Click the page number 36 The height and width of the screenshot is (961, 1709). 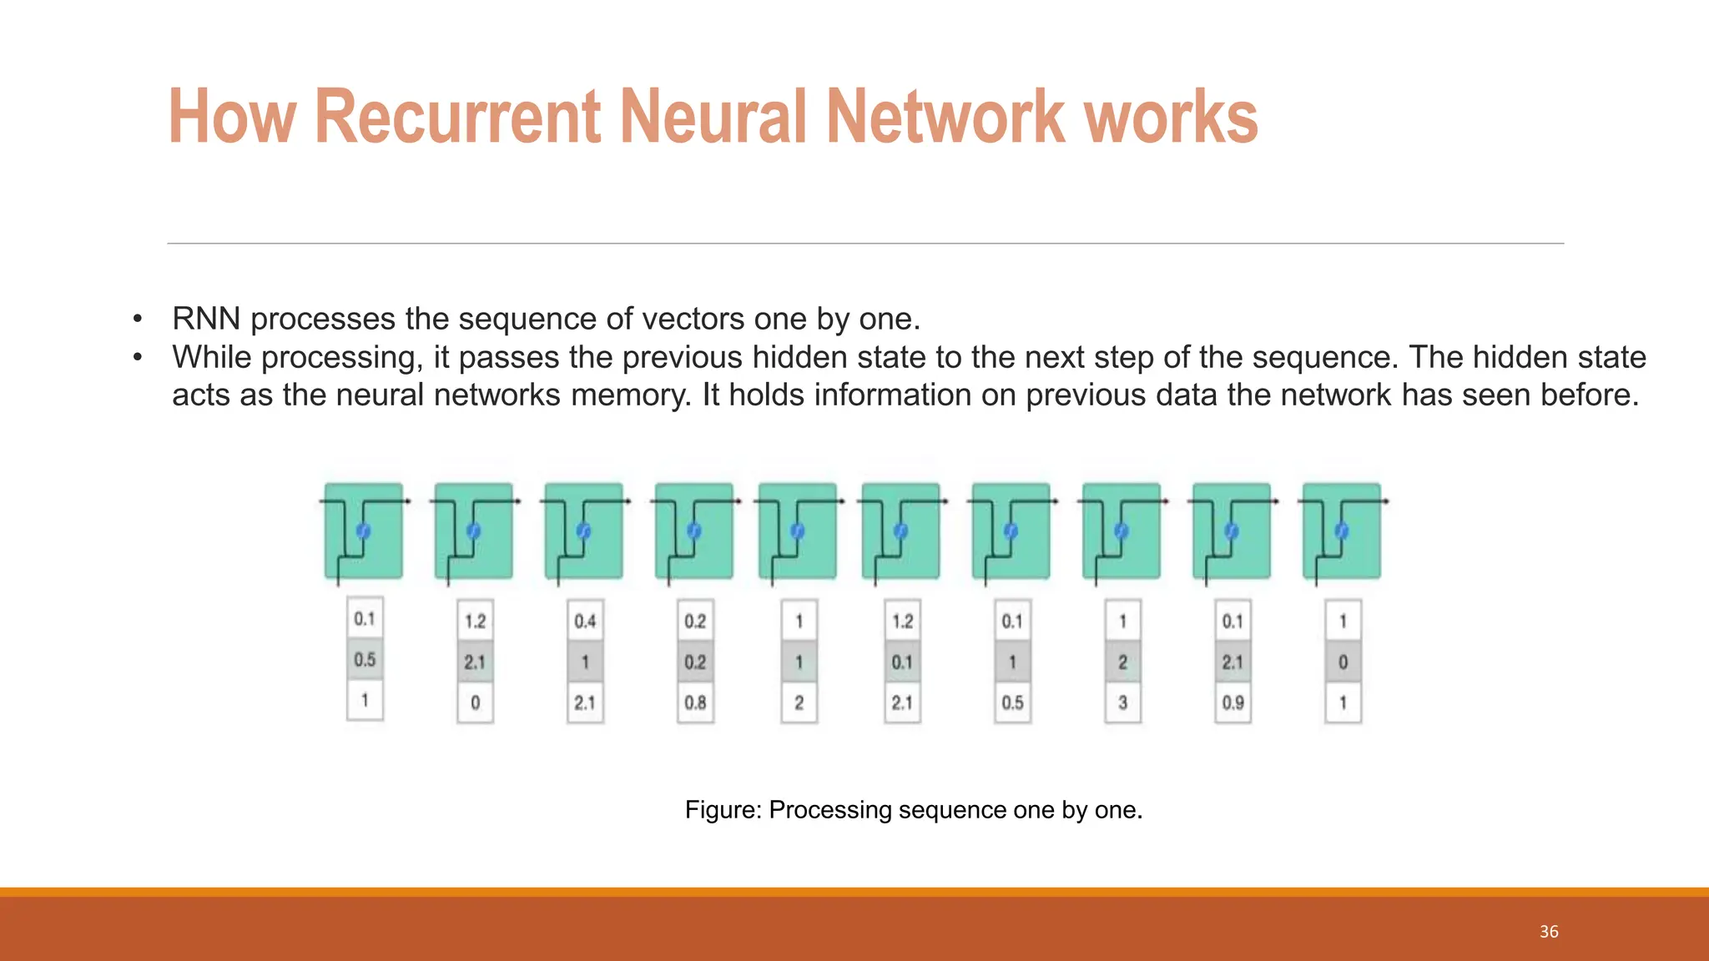click(x=1549, y=932)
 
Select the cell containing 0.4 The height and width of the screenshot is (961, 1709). click(x=585, y=621)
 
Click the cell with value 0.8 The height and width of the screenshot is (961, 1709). click(x=695, y=702)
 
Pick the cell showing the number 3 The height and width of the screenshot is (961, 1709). click(x=1122, y=702)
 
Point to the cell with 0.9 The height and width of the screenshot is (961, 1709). click(x=1233, y=702)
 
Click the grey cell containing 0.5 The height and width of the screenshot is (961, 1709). click(x=365, y=660)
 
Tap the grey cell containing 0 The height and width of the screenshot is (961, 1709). click(x=1343, y=662)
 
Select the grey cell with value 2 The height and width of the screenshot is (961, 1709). click(x=1122, y=662)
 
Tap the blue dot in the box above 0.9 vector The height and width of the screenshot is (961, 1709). click(x=1231, y=531)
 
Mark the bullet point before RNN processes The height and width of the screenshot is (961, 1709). click(x=138, y=319)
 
